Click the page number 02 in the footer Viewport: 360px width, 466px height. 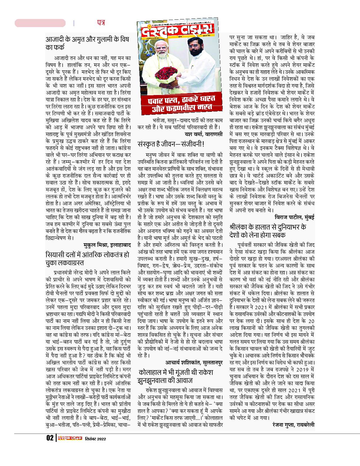click(x=49, y=438)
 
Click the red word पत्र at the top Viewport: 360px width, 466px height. click(x=101, y=23)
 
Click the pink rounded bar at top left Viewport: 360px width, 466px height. click(x=40, y=23)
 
